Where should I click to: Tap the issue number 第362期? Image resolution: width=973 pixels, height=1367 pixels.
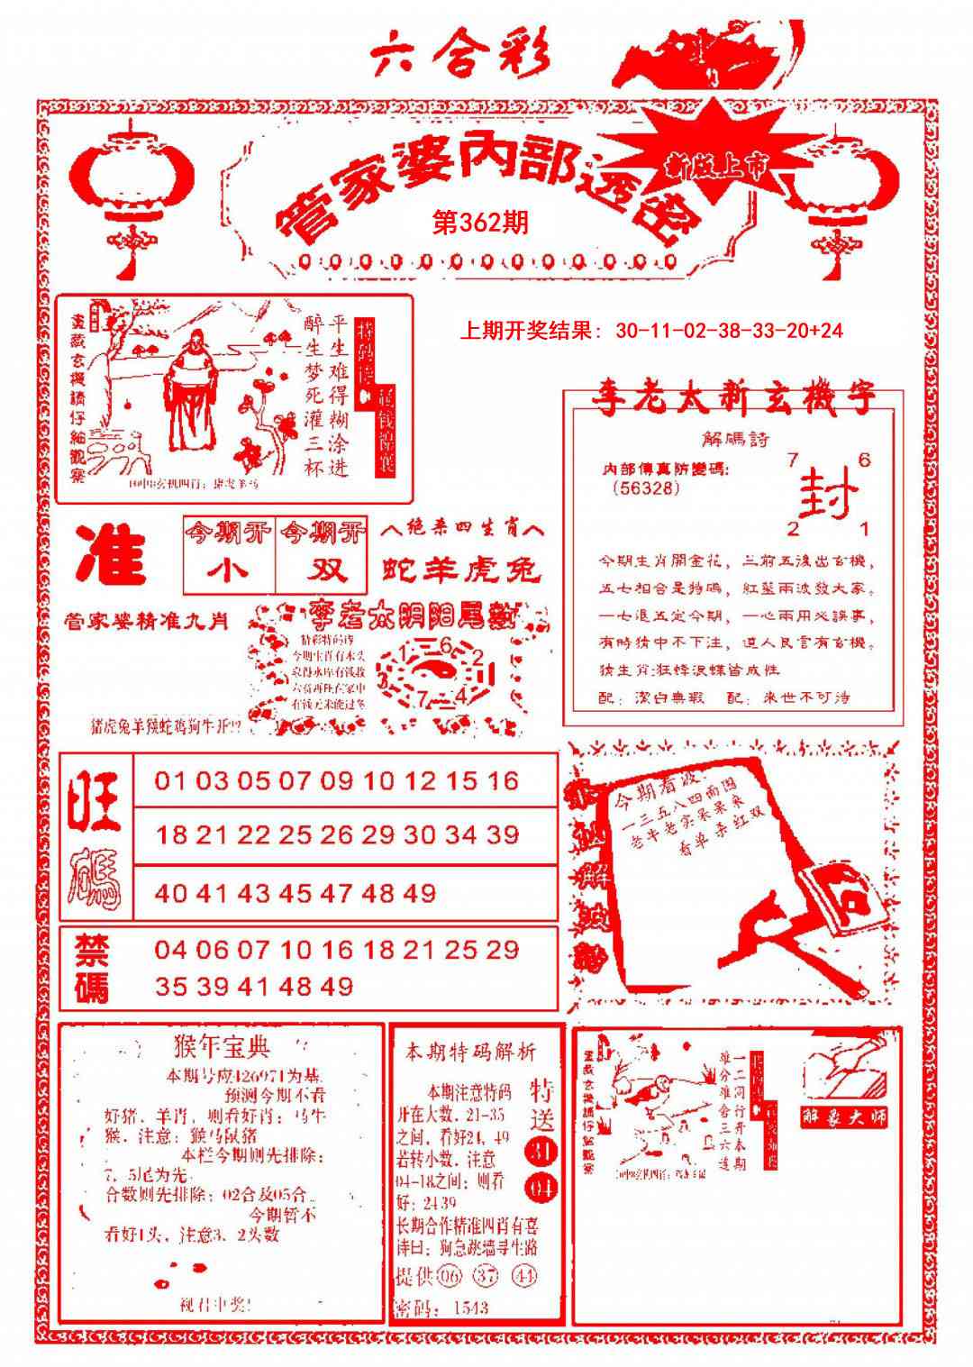(480, 223)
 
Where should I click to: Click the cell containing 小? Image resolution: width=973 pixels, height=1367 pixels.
(228, 571)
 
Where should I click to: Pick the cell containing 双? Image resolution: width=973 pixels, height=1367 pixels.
(322, 571)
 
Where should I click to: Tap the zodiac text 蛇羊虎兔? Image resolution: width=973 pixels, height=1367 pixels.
(460, 570)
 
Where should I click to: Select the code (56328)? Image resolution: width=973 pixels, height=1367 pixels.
(645, 488)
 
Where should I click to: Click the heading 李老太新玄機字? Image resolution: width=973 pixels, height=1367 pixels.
(733, 400)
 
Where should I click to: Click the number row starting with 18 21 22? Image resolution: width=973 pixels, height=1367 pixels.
(337, 835)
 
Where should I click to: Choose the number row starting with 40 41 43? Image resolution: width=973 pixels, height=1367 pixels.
(296, 893)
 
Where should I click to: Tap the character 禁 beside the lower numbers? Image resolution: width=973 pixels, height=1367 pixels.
(92, 949)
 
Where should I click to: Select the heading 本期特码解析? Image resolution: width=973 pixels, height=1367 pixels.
(470, 1052)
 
